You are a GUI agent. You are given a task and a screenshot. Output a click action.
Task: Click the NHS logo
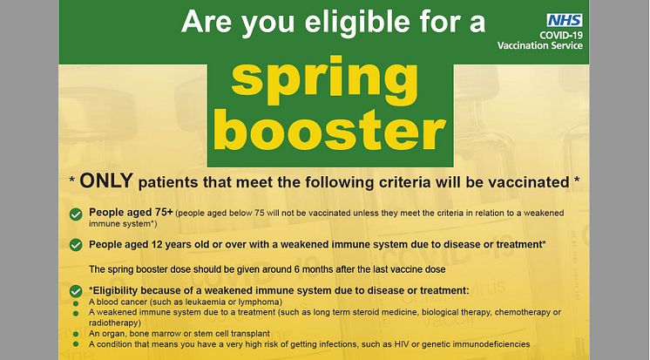point(565,20)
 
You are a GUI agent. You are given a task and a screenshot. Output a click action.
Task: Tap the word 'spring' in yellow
point(325,81)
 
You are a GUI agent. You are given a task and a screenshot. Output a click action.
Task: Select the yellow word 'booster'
point(330,130)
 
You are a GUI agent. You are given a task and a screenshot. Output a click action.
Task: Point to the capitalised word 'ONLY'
point(106,180)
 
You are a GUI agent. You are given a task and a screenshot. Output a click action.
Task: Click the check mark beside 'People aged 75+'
point(76,214)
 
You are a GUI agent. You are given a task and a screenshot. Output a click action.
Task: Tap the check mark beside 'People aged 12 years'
point(76,245)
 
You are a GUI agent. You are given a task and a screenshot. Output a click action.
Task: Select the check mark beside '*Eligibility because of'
point(76,291)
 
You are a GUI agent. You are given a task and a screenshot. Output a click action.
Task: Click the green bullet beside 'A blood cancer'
point(76,303)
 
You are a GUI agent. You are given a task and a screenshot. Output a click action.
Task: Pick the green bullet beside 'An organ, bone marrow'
point(76,334)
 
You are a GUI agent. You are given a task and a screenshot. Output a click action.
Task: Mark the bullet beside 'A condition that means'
point(76,343)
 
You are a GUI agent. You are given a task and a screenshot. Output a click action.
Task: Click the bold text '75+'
point(164,213)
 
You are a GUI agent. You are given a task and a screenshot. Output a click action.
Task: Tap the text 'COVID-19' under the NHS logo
point(561,35)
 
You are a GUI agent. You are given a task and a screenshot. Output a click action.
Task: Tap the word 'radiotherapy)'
point(115,323)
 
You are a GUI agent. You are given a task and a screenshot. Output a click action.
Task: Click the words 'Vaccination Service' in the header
point(540,45)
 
